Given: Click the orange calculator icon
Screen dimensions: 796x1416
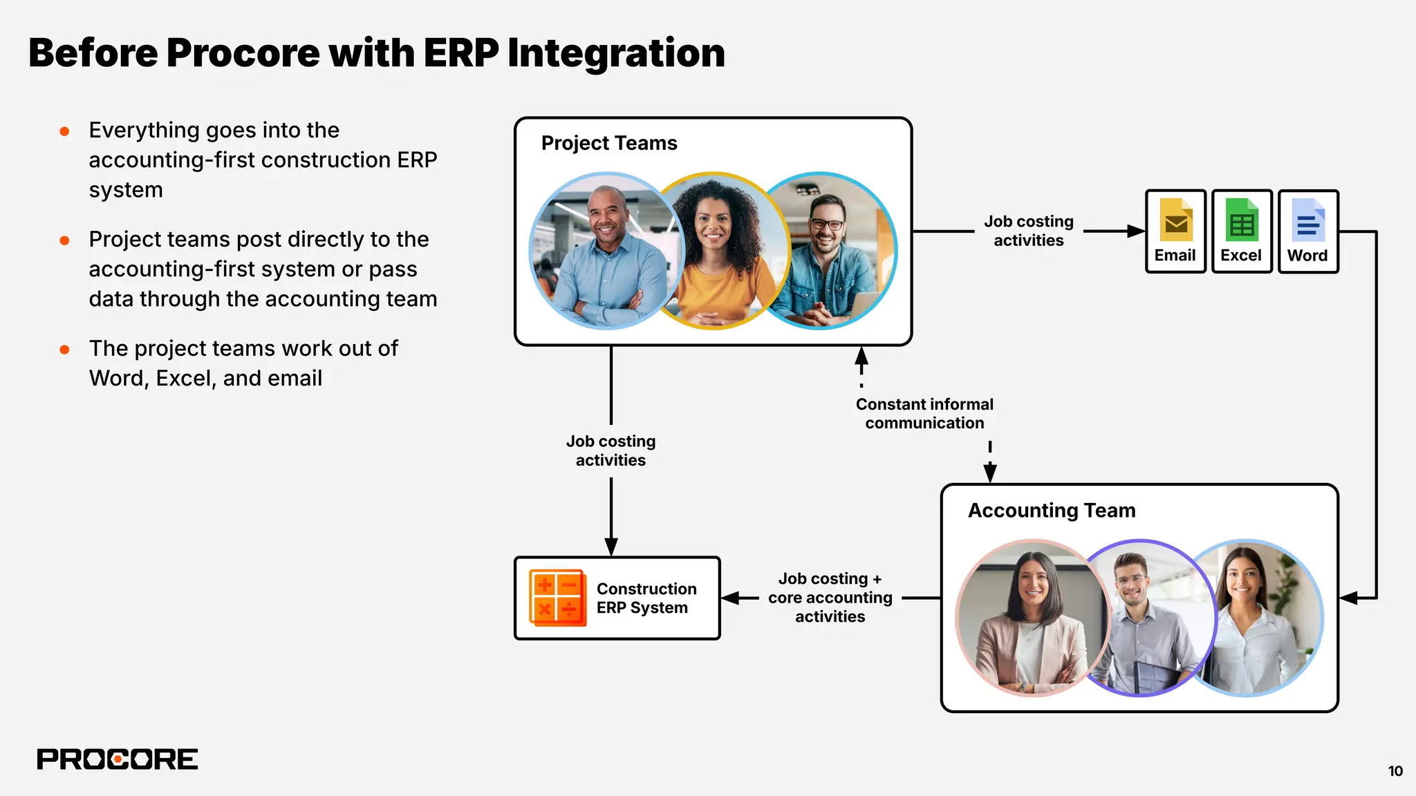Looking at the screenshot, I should pyautogui.click(x=557, y=598).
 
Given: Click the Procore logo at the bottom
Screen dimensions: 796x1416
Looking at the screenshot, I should pyautogui.click(x=118, y=759).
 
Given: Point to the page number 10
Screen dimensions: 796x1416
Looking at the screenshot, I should pyautogui.click(x=1395, y=771).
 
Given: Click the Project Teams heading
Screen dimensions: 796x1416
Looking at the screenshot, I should pyautogui.click(x=608, y=143).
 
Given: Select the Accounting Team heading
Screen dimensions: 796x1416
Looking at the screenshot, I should pyautogui.click(x=1051, y=511).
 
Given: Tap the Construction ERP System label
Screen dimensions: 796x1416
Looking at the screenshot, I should pyautogui.click(x=646, y=598).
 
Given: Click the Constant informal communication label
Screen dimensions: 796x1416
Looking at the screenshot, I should pyautogui.click(x=924, y=413).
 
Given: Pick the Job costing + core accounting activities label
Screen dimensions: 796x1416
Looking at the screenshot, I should pyautogui.click(x=830, y=598).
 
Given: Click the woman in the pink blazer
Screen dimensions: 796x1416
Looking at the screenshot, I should pyautogui.click(x=1030, y=618).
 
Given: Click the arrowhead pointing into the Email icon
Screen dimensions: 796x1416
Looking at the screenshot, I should pyautogui.click(x=1135, y=231).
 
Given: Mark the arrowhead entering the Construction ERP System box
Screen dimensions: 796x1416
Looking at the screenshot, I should pyautogui.click(x=611, y=547).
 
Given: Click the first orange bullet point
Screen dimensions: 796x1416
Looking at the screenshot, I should pyautogui.click(x=64, y=131).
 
